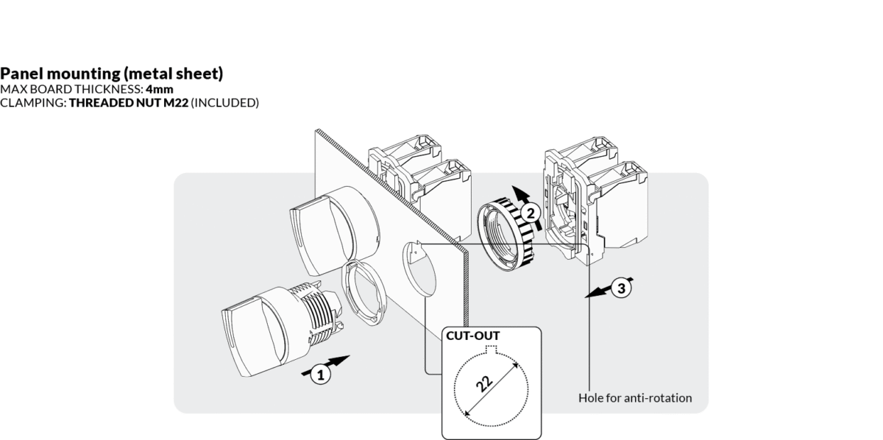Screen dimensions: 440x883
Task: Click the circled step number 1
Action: tap(319, 375)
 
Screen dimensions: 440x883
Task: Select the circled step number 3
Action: tap(621, 288)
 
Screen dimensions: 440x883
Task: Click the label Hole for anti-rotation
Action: tap(635, 398)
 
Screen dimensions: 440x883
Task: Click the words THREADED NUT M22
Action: tap(128, 102)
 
